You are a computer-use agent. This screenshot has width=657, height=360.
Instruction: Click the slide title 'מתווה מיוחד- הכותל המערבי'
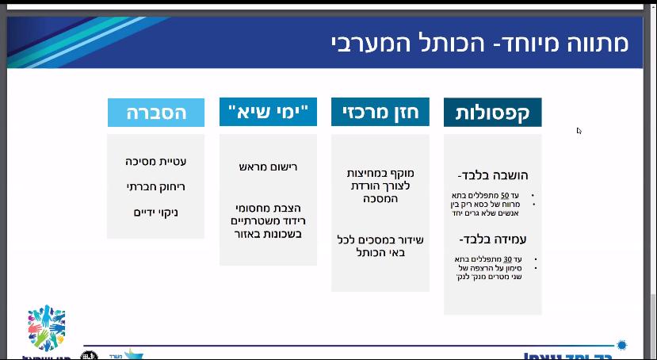tap(479, 42)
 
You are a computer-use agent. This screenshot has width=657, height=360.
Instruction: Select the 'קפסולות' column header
tap(492, 113)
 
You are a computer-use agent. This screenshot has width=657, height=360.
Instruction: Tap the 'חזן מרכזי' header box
tap(380, 112)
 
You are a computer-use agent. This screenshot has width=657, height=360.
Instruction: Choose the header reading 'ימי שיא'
tap(268, 112)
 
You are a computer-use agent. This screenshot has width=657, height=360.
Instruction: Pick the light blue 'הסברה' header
tap(156, 113)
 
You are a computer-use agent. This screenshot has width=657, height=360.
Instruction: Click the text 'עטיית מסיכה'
tap(156, 161)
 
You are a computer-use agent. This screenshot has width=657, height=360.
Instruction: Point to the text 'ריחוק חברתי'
tap(156, 187)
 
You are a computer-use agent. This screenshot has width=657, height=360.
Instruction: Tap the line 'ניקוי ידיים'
tap(156, 213)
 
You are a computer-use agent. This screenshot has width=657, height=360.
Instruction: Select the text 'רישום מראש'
tap(268, 167)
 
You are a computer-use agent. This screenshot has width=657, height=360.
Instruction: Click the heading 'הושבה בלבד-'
tap(493, 175)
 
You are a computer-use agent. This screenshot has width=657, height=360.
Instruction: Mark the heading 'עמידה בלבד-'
tap(493, 239)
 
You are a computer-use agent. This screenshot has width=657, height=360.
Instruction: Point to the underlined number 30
tap(508, 259)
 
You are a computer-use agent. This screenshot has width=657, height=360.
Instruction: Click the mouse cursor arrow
tap(579, 131)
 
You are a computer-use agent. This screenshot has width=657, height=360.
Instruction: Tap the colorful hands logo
tap(46, 329)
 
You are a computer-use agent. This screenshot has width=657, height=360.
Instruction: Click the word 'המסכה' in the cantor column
tap(380, 198)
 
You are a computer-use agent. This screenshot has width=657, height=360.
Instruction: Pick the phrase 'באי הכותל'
tap(380, 253)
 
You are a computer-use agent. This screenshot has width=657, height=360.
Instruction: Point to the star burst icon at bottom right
tap(621, 345)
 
